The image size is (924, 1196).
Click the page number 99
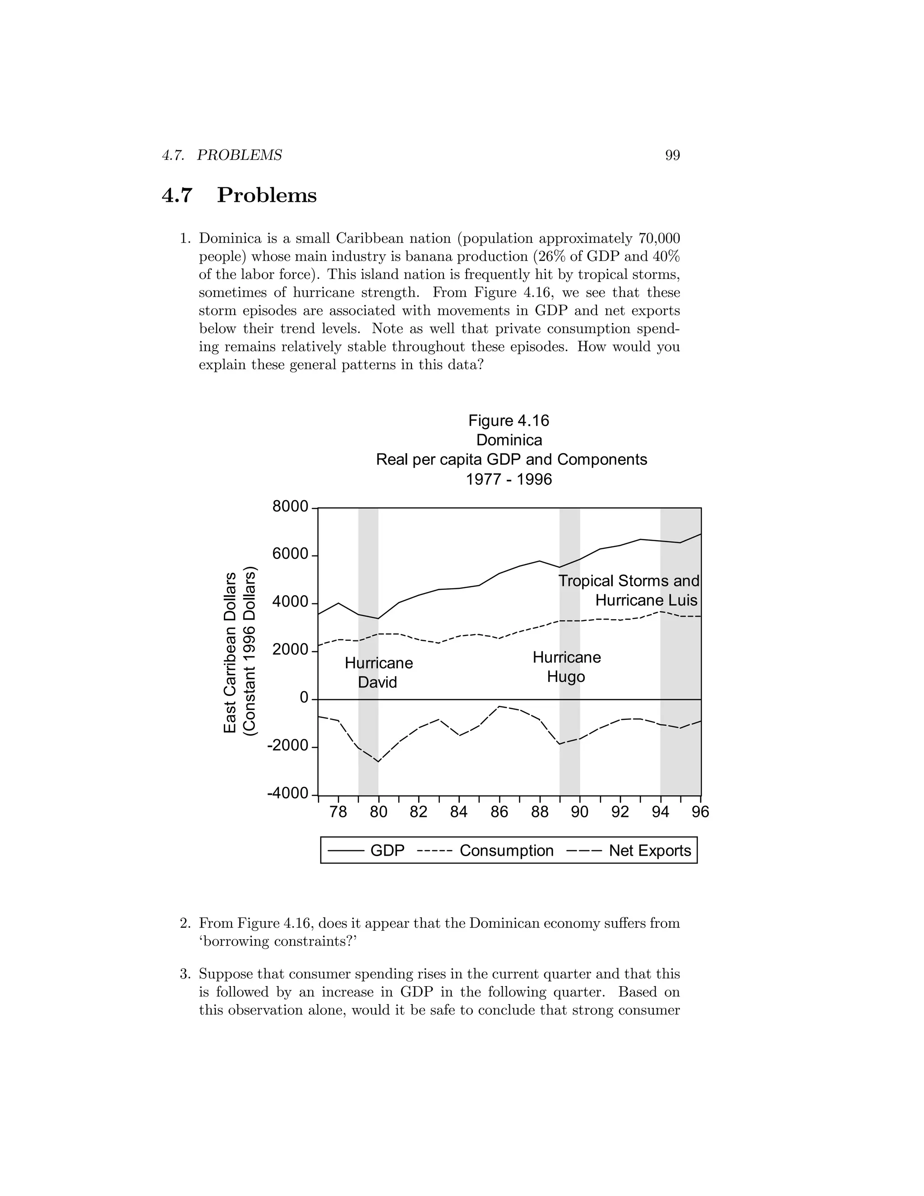(x=672, y=156)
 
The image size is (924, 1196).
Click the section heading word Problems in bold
(x=267, y=195)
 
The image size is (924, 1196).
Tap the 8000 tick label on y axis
(x=290, y=507)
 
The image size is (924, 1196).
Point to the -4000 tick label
(x=287, y=793)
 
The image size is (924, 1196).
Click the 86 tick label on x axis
(x=499, y=811)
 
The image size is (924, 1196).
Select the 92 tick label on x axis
(x=620, y=811)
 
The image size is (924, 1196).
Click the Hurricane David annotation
(x=378, y=672)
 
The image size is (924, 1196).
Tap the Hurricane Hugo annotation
(x=567, y=667)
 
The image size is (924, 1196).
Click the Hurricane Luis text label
(x=646, y=600)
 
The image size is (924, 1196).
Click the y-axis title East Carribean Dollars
(x=231, y=652)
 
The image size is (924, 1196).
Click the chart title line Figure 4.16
(x=508, y=421)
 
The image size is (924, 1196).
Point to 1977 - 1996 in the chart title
(x=508, y=479)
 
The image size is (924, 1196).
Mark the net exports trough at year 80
(x=378, y=761)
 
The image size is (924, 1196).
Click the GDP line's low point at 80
(x=378, y=618)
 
